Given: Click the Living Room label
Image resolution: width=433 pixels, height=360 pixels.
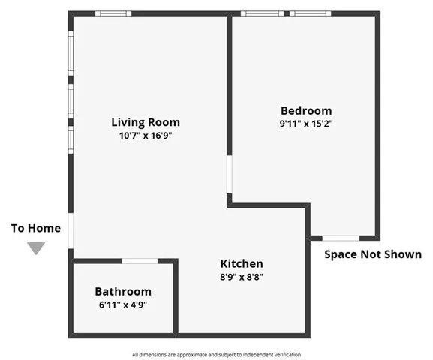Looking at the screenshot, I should (x=145, y=122).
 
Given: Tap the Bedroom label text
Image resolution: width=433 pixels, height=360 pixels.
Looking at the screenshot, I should (x=305, y=110).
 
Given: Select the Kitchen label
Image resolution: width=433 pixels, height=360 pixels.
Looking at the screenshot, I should (x=241, y=263).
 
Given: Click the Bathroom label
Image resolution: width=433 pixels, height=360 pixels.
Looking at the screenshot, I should (x=122, y=291).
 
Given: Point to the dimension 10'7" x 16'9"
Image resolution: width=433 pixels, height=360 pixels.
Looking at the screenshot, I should (x=145, y=136).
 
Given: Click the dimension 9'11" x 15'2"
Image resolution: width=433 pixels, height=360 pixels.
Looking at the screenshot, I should (x=305, y=124).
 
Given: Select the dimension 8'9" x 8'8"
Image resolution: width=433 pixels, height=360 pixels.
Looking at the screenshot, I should (x=241, y=277).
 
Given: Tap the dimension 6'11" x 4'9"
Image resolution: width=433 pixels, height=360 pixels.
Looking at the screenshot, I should (x=122, y=304).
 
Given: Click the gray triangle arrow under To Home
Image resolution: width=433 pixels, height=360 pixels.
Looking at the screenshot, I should (x=36, y=248).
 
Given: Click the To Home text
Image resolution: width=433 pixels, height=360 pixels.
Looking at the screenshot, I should (x=36, y=228).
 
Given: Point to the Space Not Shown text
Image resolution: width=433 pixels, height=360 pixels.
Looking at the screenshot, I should (x=372, y=254).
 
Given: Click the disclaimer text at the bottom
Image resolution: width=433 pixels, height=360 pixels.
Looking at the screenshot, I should (x=216, y=354).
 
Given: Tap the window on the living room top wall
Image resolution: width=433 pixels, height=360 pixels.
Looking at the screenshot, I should (x=113, y=13).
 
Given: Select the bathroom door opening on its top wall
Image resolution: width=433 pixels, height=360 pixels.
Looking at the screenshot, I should (x=140, y=261).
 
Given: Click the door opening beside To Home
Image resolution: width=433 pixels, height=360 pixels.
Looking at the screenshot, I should (x=71, y=230).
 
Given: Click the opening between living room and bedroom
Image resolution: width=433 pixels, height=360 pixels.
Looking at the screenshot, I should (x=230, y=175).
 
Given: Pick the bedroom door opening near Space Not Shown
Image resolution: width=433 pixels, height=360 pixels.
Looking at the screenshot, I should (x=340, y=238).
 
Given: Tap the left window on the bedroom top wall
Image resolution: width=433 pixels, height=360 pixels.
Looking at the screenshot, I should (x=262, y=13).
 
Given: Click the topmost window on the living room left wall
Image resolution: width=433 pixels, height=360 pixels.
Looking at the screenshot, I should (x=71, y=52).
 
